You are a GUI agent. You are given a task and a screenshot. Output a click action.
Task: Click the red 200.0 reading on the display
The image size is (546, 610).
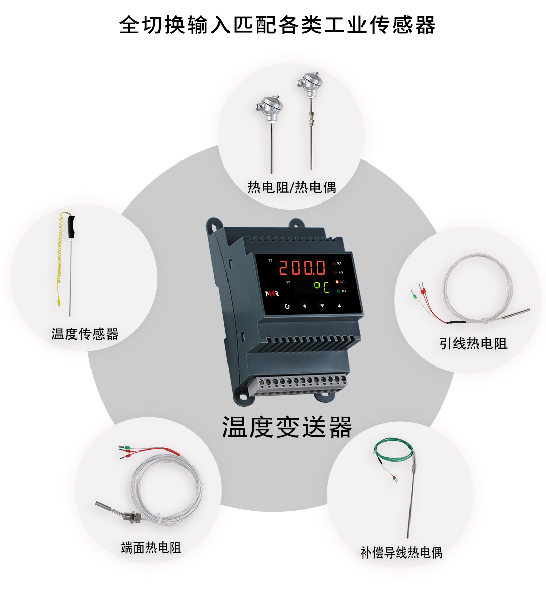[302, 267]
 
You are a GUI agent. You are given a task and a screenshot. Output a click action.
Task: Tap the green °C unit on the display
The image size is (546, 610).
[322, 287]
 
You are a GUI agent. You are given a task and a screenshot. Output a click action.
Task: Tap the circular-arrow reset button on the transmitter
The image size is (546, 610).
[287, 306]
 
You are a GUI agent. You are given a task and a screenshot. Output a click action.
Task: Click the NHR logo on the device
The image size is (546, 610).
[272, 294]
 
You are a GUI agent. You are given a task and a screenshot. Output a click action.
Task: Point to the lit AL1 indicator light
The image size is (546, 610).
[337, 282]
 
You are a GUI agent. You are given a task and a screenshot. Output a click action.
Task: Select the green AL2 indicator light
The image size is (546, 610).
[338, 291]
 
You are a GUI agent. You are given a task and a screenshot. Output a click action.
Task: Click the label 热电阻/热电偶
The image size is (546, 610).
[292, 187]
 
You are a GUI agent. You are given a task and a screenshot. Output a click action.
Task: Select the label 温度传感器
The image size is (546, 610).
[84, 334]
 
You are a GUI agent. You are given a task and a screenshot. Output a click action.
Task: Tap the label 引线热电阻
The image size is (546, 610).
[473, 344]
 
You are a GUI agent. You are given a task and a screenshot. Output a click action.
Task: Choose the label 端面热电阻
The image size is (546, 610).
[151, 548]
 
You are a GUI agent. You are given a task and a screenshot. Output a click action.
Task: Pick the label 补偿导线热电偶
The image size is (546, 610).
[401, 553]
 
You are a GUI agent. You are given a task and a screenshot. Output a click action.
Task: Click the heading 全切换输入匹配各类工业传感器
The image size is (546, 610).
[277, 25]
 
